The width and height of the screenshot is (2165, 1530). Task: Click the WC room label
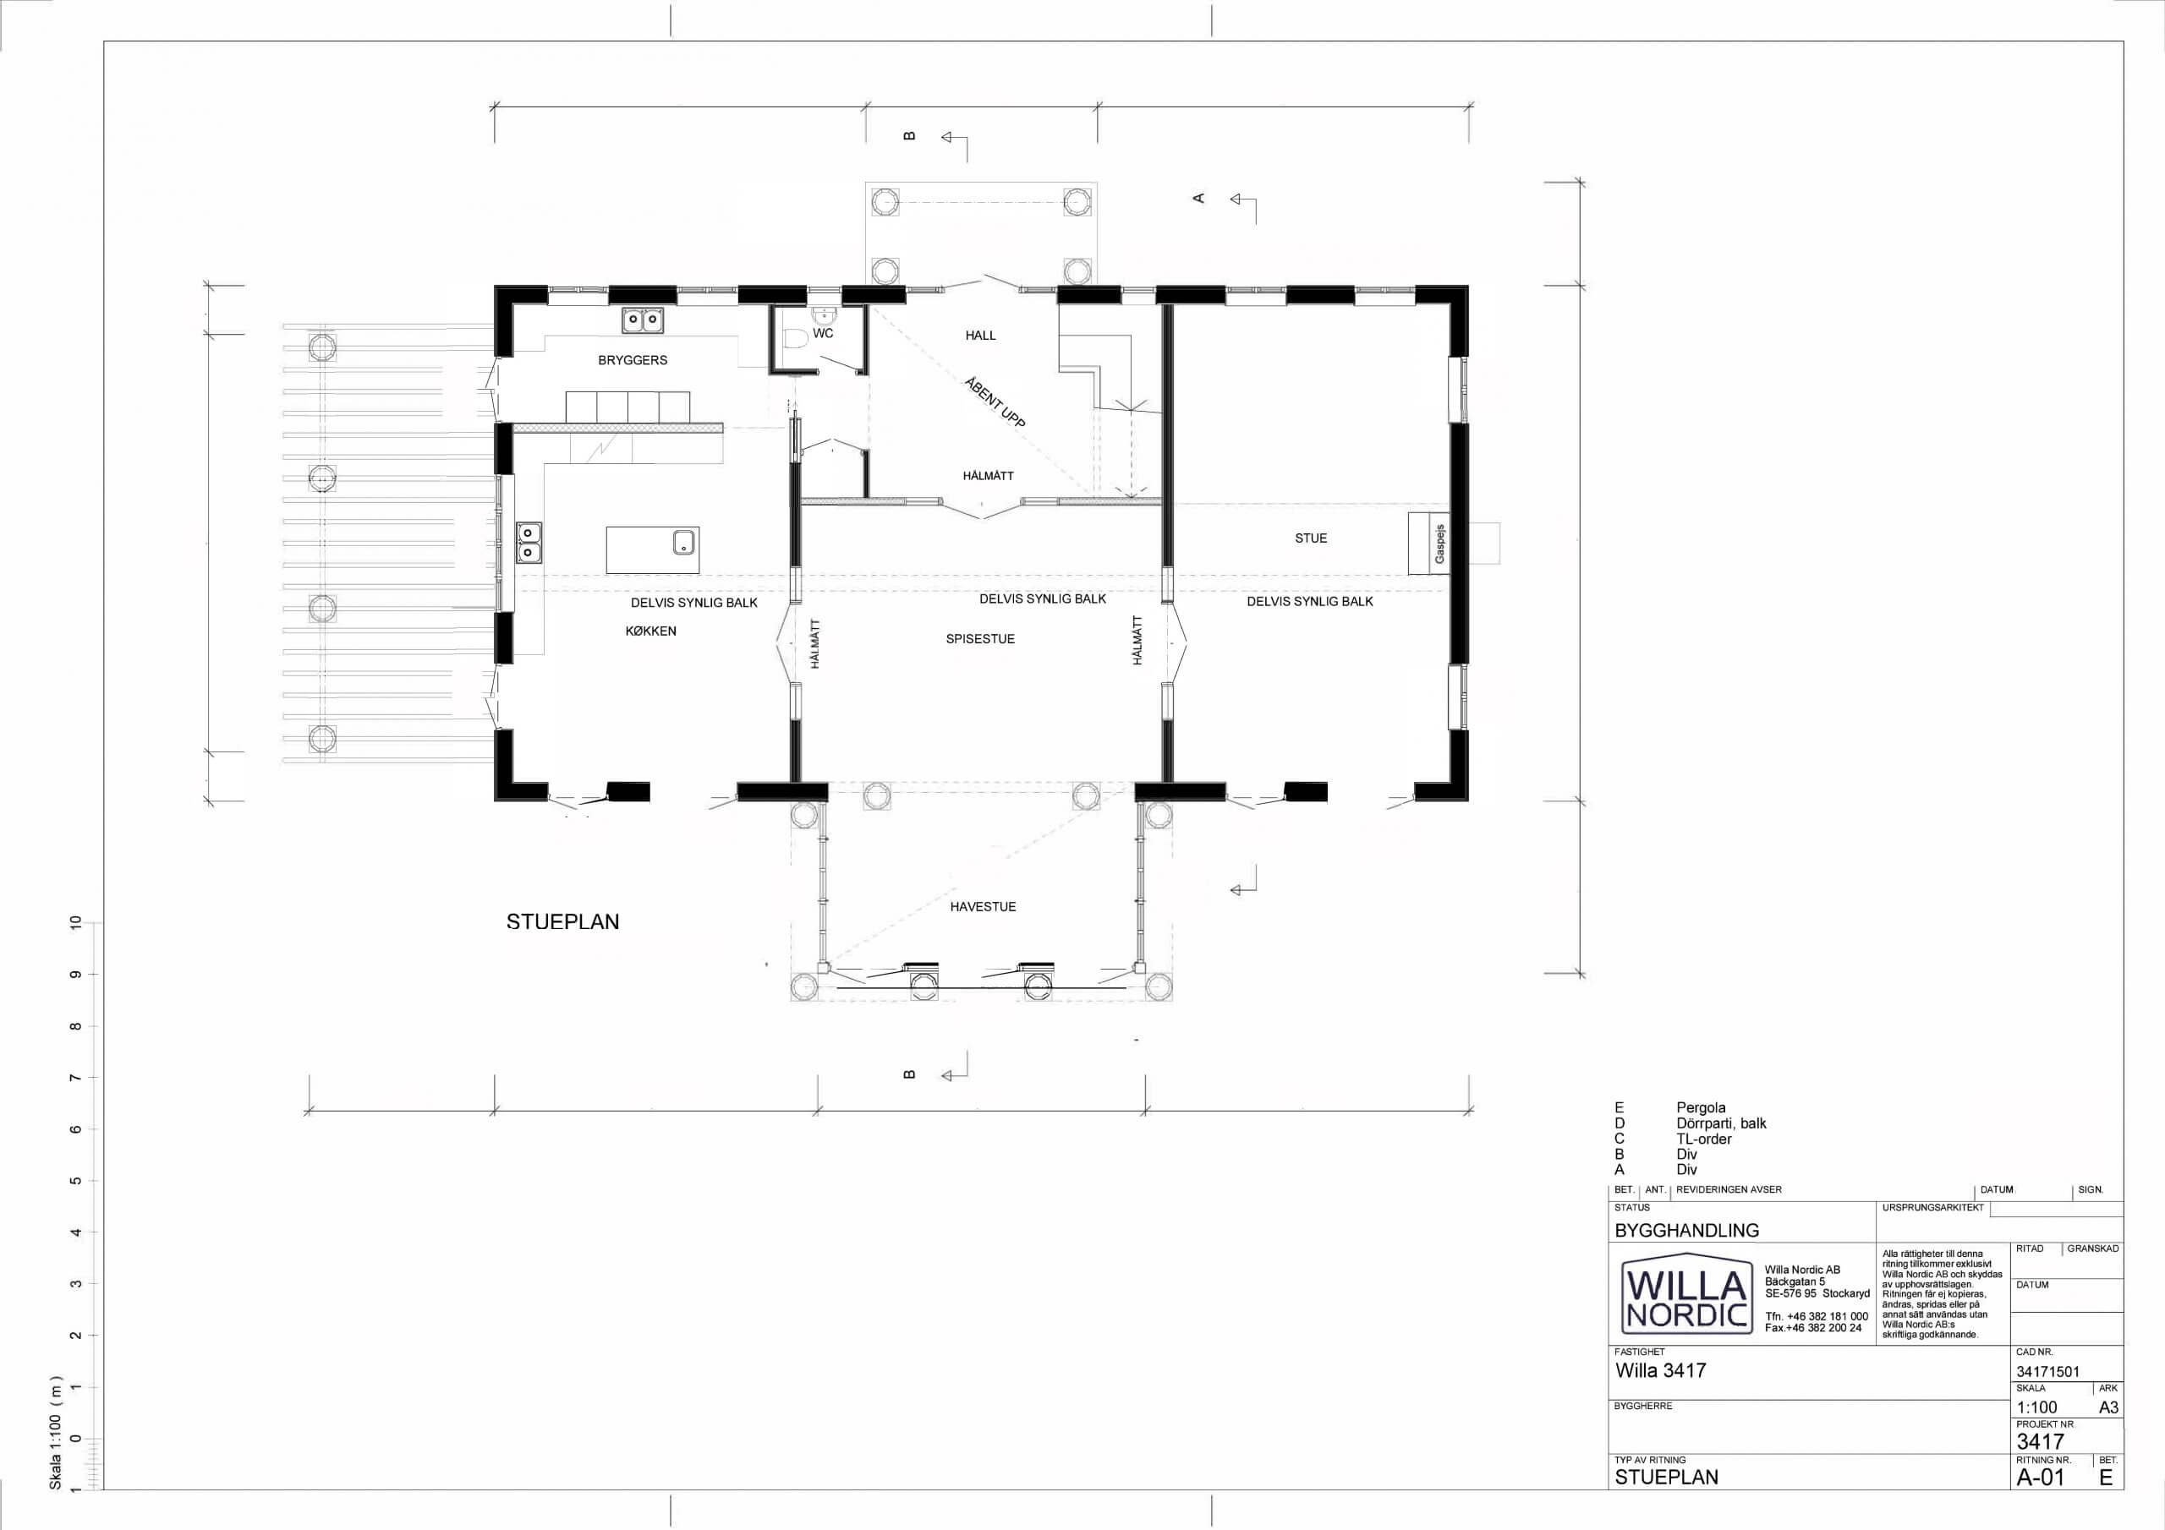click(822, 334)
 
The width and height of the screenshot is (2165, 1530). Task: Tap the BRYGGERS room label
click(633, 360)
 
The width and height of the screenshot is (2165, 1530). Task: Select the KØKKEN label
click(650, 631)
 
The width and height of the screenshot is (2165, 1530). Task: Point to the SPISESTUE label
click(981, 639)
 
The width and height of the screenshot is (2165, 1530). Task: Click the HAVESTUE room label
click(983, 907)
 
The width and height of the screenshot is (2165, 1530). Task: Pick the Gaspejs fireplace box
click(1428, 544)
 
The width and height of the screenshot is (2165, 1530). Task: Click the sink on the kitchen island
click(683, 542)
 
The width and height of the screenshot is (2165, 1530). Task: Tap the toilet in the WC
click(794, 339)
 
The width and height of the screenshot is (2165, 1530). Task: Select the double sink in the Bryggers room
click(642, 320)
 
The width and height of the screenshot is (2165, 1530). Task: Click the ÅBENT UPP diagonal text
click(995, 402)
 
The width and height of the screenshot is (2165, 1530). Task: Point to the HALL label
click(981, 336)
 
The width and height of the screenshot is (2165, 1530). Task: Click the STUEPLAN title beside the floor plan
click(563, 922)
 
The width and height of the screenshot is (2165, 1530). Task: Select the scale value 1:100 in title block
click(2036, 1407)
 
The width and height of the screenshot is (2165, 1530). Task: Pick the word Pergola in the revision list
click(1701, 1107)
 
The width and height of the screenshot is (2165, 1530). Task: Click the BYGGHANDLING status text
click(1687, 1230)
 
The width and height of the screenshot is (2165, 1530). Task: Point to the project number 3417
click(2041, 1441)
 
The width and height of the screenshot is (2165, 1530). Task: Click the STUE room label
click(1311, 538)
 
